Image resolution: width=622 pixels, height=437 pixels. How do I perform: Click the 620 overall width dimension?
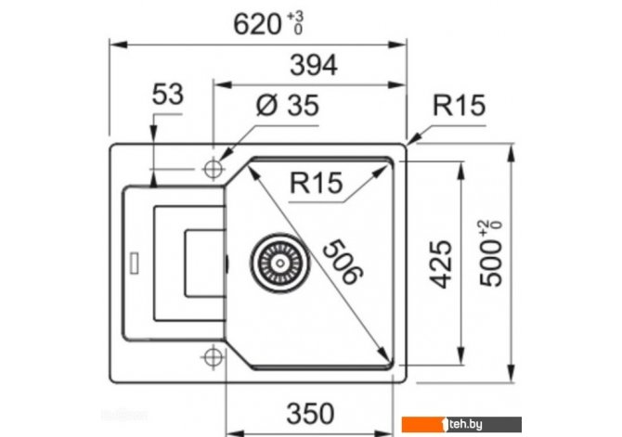pyautogui.click(x=257, y=24)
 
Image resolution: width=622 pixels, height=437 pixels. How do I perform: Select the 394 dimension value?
pyautogui.click(x=314, y=65)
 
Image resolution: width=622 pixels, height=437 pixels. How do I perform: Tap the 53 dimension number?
pyautogui.click(x=168, y=95)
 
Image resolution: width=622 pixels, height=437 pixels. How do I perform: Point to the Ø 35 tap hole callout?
pyautogui.click(x=288, y=106)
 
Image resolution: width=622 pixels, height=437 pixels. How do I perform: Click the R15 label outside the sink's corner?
pyautogui.click(x=459, y=106)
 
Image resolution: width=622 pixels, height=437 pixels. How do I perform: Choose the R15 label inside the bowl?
pyautogui.click(x=317, y=183)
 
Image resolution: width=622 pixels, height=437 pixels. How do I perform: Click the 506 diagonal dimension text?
pyautogui.click(x=343, y=262)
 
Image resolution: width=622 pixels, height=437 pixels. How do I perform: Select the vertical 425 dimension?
pyautogui.click(x=441, y=263)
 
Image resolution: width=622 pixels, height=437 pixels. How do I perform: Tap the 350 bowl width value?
pyautogui.click(x=310, y=414)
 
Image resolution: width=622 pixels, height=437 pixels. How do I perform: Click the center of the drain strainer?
pyautogui.click(x=280, y=263)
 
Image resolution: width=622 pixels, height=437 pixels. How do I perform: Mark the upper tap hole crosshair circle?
pyautogui.click(x=214, y=170)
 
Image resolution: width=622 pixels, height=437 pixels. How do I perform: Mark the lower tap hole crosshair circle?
pyautogui.click(x=214, y=357)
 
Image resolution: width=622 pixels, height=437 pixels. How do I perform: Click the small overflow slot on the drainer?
pyautogui.click(x=135, y=263)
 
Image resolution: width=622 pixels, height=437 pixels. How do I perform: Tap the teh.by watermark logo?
pyautogui.click(x=461, y=424)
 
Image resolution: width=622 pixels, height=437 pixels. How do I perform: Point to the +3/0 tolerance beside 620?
pyautogui.click(x=295, y=23)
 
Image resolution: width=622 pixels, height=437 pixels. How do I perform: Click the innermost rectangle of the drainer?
pyautogui.click(x=205, y=263)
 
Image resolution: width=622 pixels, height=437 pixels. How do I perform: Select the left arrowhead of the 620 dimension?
pyautogui.click(x=118, y=45)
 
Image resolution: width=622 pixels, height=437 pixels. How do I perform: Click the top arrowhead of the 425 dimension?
pyautogui.click(x=460, y=171)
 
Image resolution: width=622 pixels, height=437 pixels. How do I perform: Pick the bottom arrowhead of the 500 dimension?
pyautogui.click(x=512, y=374)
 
